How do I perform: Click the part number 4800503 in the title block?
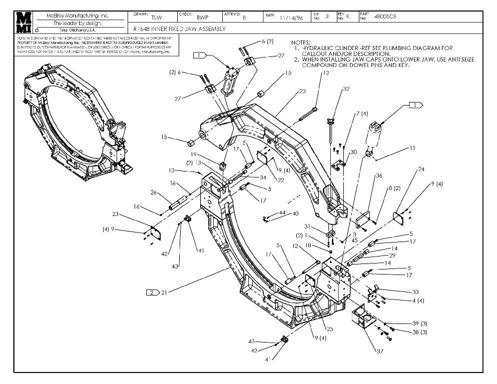click(x=385, y=16)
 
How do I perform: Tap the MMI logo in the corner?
click(x=24, y=22)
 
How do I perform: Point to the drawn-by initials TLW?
click(x=157, y=17)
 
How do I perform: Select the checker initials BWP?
click(x=202, y=17)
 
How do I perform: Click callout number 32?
click(x=345, y=89)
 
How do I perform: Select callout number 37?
click(x=380, y=351)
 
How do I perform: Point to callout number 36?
click(x=379, y=175)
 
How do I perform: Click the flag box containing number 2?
click(x=152, y=292)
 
